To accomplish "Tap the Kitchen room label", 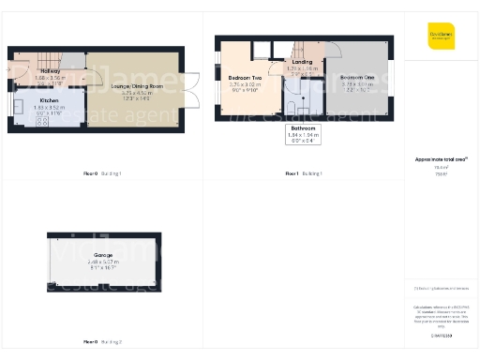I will [48, 97].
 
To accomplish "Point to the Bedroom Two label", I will [245, 78].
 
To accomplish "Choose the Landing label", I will [302, 63].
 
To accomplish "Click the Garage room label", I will [102, 255].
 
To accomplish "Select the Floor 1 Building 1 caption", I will [303, 173].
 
